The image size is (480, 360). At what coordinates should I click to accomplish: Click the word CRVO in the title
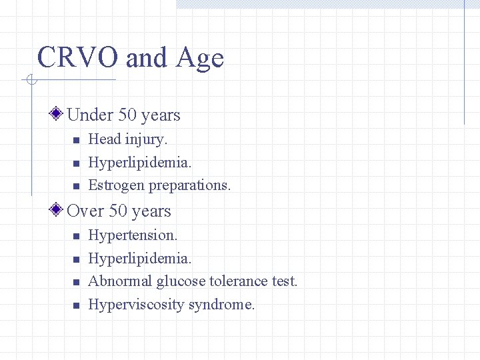pos(78,58)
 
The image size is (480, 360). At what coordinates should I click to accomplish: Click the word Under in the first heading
pos(90,115)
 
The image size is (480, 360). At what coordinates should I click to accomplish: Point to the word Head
pos(103,139)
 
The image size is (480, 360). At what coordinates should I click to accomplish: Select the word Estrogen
pos(117,186)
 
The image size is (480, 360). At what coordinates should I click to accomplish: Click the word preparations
pos(190,186)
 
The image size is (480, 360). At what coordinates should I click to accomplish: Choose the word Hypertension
pos(133,235)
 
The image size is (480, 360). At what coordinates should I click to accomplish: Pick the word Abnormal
pos(120,281)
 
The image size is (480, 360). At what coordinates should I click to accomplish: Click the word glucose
pos(181,282)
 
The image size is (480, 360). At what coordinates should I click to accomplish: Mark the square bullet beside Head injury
pos(76,140)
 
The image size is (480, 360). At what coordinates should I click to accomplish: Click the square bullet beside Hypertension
pos(76,236)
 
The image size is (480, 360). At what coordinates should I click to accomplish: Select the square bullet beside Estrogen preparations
pos(76,186)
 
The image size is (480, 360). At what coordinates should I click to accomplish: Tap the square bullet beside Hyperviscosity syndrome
pos(76,305)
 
